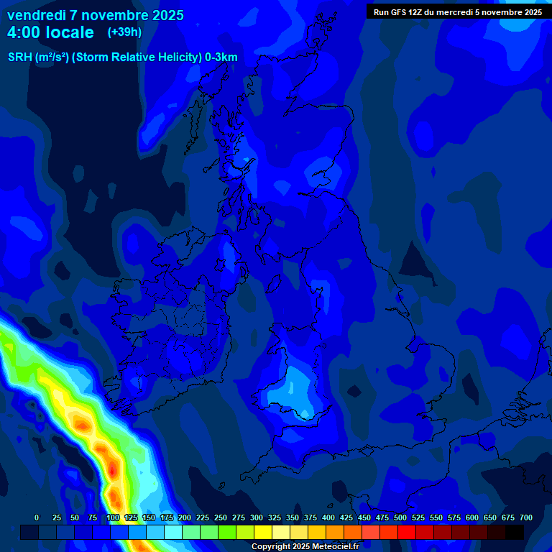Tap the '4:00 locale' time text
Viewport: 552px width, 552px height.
tap(50, 32)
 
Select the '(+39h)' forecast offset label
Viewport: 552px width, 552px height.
tap(124, 32)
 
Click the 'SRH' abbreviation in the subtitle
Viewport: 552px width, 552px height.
tap(20, 57)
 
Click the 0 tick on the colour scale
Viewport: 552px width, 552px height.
tap(37, 517)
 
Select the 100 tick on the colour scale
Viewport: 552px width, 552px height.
tap(113, 517)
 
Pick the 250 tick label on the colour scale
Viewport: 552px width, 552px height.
tap(221, 517)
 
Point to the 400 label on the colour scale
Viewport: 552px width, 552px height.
tap(328, 517)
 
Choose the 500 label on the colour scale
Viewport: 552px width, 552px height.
tap(400, 517)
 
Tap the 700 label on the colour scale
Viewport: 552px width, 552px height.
tap(526, 517)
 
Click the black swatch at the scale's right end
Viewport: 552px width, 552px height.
tap(515, 533)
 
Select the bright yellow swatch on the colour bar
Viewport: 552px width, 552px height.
tap(263, 533)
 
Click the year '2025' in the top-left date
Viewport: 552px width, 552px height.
tap(166, 15)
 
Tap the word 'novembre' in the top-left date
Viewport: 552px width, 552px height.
tap(114, 15)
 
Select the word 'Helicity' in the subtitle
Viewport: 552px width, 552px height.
tap(170, 57)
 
